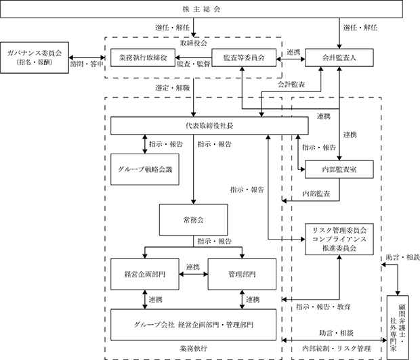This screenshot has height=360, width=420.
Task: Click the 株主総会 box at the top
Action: [201, 9]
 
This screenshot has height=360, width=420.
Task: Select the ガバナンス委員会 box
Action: [35, 58]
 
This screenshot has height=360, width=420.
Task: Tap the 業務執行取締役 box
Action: [143, 58]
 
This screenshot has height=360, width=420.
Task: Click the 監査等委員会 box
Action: [244, 58]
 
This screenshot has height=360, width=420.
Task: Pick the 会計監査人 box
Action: [339, 58]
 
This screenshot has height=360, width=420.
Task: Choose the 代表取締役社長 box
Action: [209, 126]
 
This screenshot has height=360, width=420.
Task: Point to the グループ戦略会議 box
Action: [145, 169]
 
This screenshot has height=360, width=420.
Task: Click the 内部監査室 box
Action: [339, 169]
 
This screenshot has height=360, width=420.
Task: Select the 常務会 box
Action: [193, 220]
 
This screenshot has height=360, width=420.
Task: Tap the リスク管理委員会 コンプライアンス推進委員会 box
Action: [339, 239]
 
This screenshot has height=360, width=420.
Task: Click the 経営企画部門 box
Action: [145, 274]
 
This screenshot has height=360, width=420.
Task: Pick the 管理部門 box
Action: [242, 274]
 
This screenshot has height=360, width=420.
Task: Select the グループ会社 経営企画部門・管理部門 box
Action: [193, 325]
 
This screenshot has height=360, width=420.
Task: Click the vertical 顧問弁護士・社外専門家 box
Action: [398, 328]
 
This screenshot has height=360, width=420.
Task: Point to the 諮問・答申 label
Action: [87, 64]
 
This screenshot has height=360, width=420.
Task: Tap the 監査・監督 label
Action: [193, 64]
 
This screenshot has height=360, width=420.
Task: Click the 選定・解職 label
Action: [173, 88]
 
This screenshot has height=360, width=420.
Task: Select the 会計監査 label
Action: [291, 85]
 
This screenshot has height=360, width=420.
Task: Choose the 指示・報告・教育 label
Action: [323, 307]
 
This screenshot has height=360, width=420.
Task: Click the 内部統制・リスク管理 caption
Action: [337, 348]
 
